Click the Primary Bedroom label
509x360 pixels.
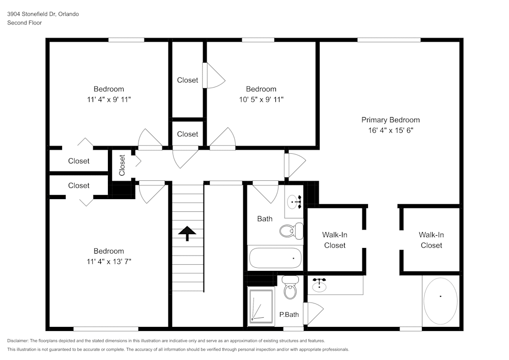pos(390,120)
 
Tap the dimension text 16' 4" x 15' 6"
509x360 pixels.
pos(390,130)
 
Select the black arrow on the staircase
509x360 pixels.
pos(187,233)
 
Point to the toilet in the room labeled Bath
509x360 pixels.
pos(291,231)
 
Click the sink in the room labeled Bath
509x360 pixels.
pos(295,202)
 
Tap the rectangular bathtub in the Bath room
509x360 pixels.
pos(275,258)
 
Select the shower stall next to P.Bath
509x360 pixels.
pos(261,306)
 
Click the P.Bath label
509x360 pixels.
pos(289,315)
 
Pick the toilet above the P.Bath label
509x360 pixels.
pos(290,288)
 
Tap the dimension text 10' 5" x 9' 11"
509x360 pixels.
pos(261,99)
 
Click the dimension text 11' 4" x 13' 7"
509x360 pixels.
pos(108,262)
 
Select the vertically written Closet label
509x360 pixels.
pos(122,165)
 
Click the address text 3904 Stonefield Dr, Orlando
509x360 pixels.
pos(43,14)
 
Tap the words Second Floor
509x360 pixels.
pos(24,23)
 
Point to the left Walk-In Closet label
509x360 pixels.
pos(334,240)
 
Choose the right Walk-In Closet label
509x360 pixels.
pos(431,240)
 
